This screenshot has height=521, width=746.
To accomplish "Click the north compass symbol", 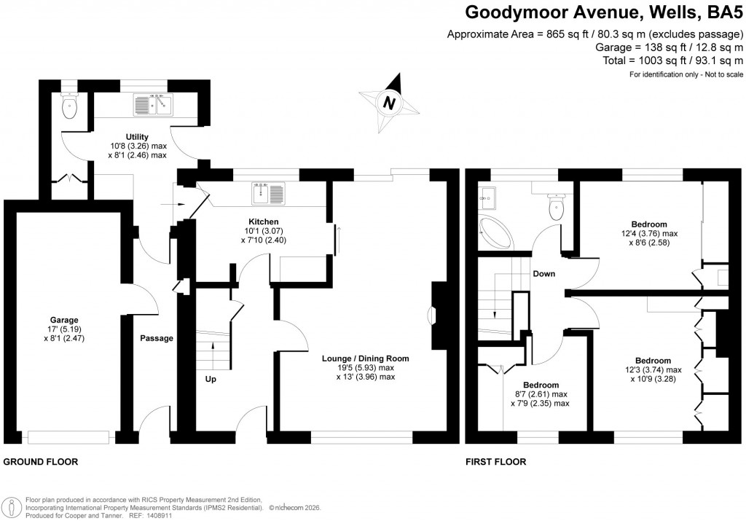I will pyautogui.click(x=390, y=103).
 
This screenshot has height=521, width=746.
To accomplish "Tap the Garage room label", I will pyautogui.click(x=64, y=320).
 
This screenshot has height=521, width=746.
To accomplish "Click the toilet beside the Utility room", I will pyautogui.click(x=70, y=109).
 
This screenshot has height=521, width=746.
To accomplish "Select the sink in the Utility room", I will pyautogui.click(x=152, y=106).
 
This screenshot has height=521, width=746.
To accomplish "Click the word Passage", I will pyautogui.click(x=157, y=338).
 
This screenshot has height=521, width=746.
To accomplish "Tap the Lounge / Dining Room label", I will pyautogui.click(x=366, y=359).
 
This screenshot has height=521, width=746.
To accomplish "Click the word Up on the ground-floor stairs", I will pyautogui.click(x=210, y=379).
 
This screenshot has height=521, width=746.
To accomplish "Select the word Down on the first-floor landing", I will pyautogui.click(x=543, y=274).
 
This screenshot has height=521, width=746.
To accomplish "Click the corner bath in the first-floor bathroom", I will pyautogui.click(x=495, y=233).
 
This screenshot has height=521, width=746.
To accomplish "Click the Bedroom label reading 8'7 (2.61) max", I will pyautogui.click(x=541, y=385).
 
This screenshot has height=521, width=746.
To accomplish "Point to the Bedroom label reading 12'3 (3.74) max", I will pyautogui.click(x=653, y=361).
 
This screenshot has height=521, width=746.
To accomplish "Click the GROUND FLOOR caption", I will pyautogui.click(x=41, y=462).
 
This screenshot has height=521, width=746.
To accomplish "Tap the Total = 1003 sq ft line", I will pyautogui.click(x=673, y=60).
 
